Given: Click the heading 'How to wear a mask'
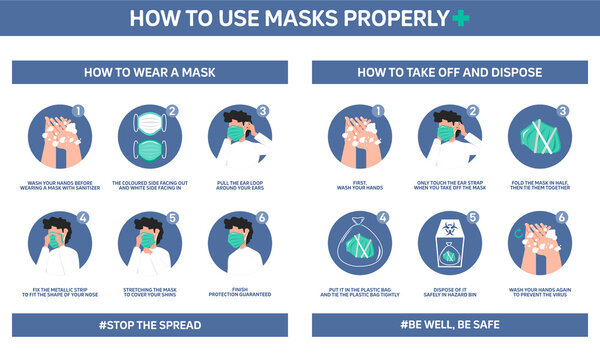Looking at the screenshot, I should tap(149, 72).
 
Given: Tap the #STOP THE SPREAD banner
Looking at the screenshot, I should tap(149, 325).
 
